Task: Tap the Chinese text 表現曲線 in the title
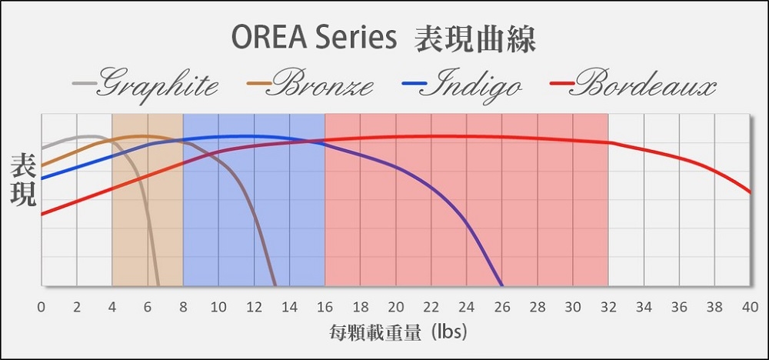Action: [x=474, y=38]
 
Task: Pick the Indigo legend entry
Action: [x=461, y=85]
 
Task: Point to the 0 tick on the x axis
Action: [x=42, y=308]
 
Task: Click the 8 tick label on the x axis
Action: [x=183, y=308]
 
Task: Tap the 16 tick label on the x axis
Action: [x=325, y=308]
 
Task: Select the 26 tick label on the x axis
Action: [x=501, y=308]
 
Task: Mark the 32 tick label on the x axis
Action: [x=608, y=308]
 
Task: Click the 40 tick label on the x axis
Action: [x=749, y=308]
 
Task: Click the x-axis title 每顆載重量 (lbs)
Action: [x=398, y=333]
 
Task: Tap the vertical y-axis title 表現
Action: [x=24, y=179]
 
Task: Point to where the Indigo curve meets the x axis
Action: [x=501, y=285]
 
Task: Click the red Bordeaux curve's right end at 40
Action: [x=750, y=192]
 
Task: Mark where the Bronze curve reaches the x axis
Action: [x=275, y=285]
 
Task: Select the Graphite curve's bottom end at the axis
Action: [x=158, y=285]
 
